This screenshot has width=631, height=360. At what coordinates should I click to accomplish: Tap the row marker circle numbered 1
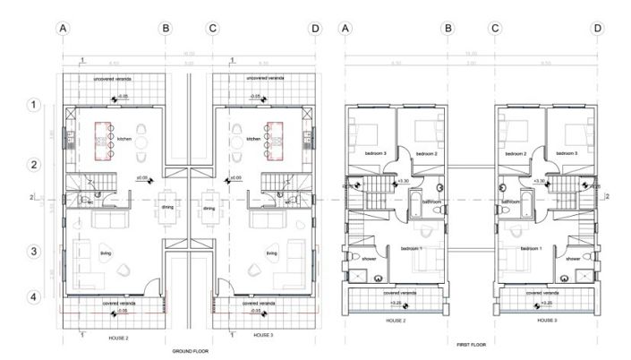tap(31, 106)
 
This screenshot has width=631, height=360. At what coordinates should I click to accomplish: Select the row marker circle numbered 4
tap(31, 297)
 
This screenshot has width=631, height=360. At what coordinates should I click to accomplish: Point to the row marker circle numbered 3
tap(31, 252)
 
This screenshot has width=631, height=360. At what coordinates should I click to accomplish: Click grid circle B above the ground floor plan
tap(165, 29)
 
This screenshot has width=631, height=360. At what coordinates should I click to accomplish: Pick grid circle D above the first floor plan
tap(597, 29)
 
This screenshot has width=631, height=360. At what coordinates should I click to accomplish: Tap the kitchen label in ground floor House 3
tap(253, 140)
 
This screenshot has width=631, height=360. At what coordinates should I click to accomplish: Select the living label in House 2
tap(107, 253)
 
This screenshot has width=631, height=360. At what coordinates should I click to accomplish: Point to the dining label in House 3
tap(209, 209)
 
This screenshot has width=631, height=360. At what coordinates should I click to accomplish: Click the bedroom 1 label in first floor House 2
tap(413, 248)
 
